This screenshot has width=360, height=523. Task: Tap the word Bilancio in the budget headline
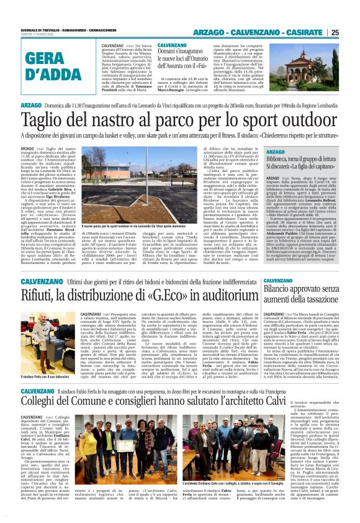283,289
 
